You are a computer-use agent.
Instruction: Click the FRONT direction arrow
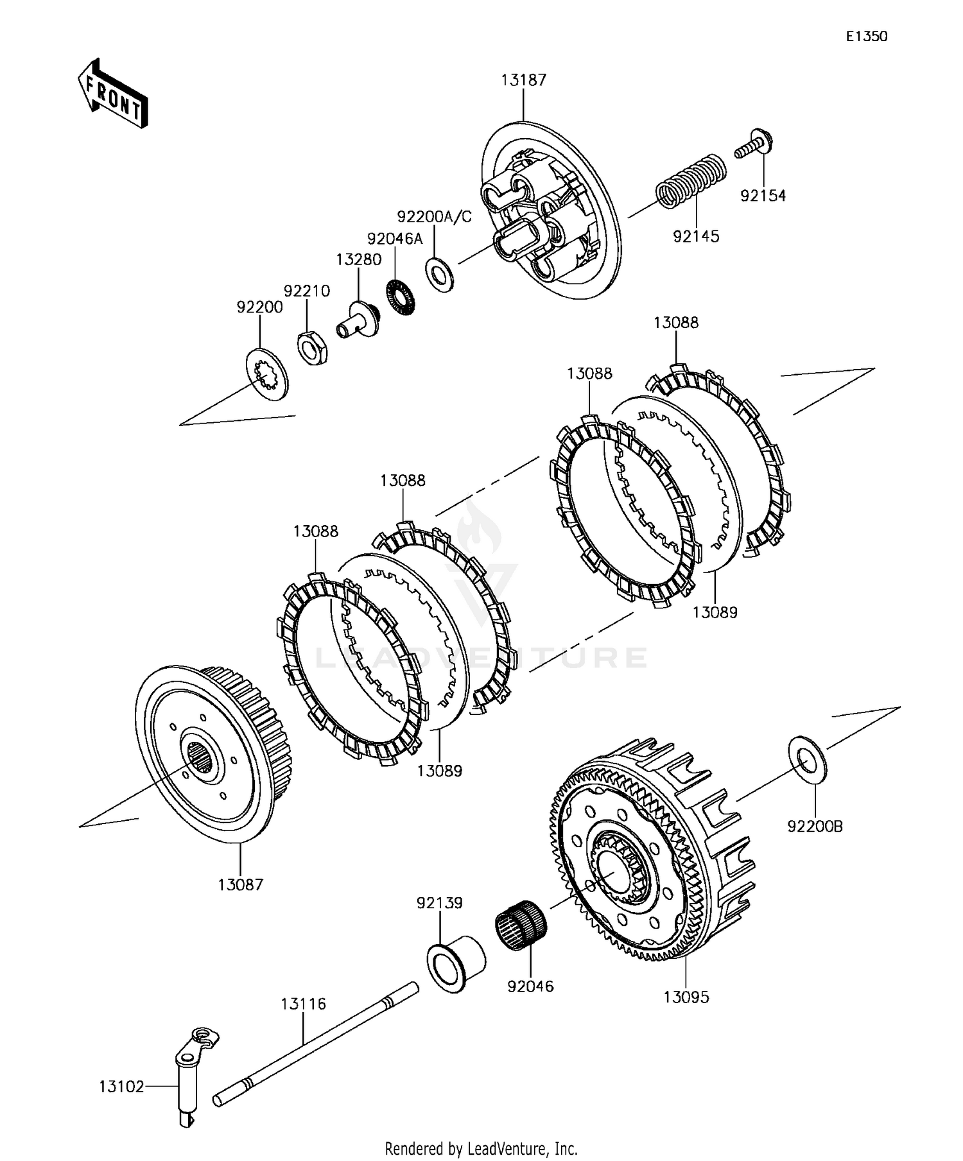pyautogui.click(x=113, y=94)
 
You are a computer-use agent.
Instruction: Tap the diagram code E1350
pyautogui.click(x=866, y=37)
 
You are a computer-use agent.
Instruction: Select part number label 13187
pyautogui.click(x=524, y=80)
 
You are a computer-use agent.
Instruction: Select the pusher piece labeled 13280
pyautogui.click(x=358, y=320)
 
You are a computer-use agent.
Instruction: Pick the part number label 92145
pyautogui.click(x=696, y=236)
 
